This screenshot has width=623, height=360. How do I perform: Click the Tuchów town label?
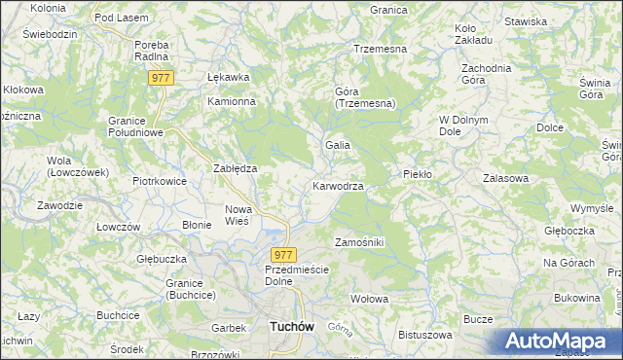click(289, 328)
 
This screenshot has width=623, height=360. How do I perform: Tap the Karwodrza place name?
click(339, 186)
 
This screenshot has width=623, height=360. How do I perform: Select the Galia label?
click(337, 145)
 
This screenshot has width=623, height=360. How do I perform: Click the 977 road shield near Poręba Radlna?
click(161, 78)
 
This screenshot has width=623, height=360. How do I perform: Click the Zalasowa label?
click(505, 179)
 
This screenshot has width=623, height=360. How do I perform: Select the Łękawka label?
click(229, 77)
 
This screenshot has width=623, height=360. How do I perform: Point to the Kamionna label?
click(231, 101)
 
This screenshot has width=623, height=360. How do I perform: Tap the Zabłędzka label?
click(235, 167)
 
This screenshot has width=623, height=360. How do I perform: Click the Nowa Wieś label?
click(239, 215)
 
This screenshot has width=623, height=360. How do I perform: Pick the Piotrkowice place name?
click(160, 180)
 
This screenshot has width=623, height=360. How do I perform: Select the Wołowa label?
click(370, 298)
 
